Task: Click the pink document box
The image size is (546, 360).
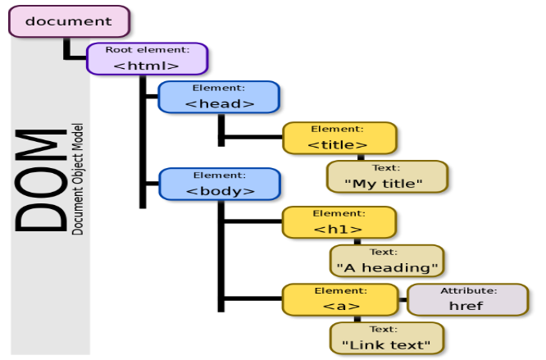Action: (69, 21)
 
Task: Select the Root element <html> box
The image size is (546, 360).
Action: (148, 58)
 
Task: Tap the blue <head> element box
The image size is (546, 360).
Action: (219, 96)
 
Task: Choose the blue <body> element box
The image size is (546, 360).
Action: (219, 183)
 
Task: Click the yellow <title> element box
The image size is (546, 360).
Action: (339, 138)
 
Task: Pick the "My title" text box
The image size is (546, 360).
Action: (387, 176)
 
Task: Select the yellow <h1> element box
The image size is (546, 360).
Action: (339, 221)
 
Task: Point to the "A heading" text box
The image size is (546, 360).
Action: (387, 260)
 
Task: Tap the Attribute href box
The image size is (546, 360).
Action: (467, 299)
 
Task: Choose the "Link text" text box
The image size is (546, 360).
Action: (387, 337)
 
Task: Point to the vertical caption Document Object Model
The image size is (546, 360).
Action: (78, 179)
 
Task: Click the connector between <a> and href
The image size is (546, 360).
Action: (402, 299)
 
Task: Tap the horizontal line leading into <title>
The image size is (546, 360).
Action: (252, 138)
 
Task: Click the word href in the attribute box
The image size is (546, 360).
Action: (467, 306)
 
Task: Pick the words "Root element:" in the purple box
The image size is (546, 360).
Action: (148, 49)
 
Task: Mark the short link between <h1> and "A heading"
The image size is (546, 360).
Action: (357, 241)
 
